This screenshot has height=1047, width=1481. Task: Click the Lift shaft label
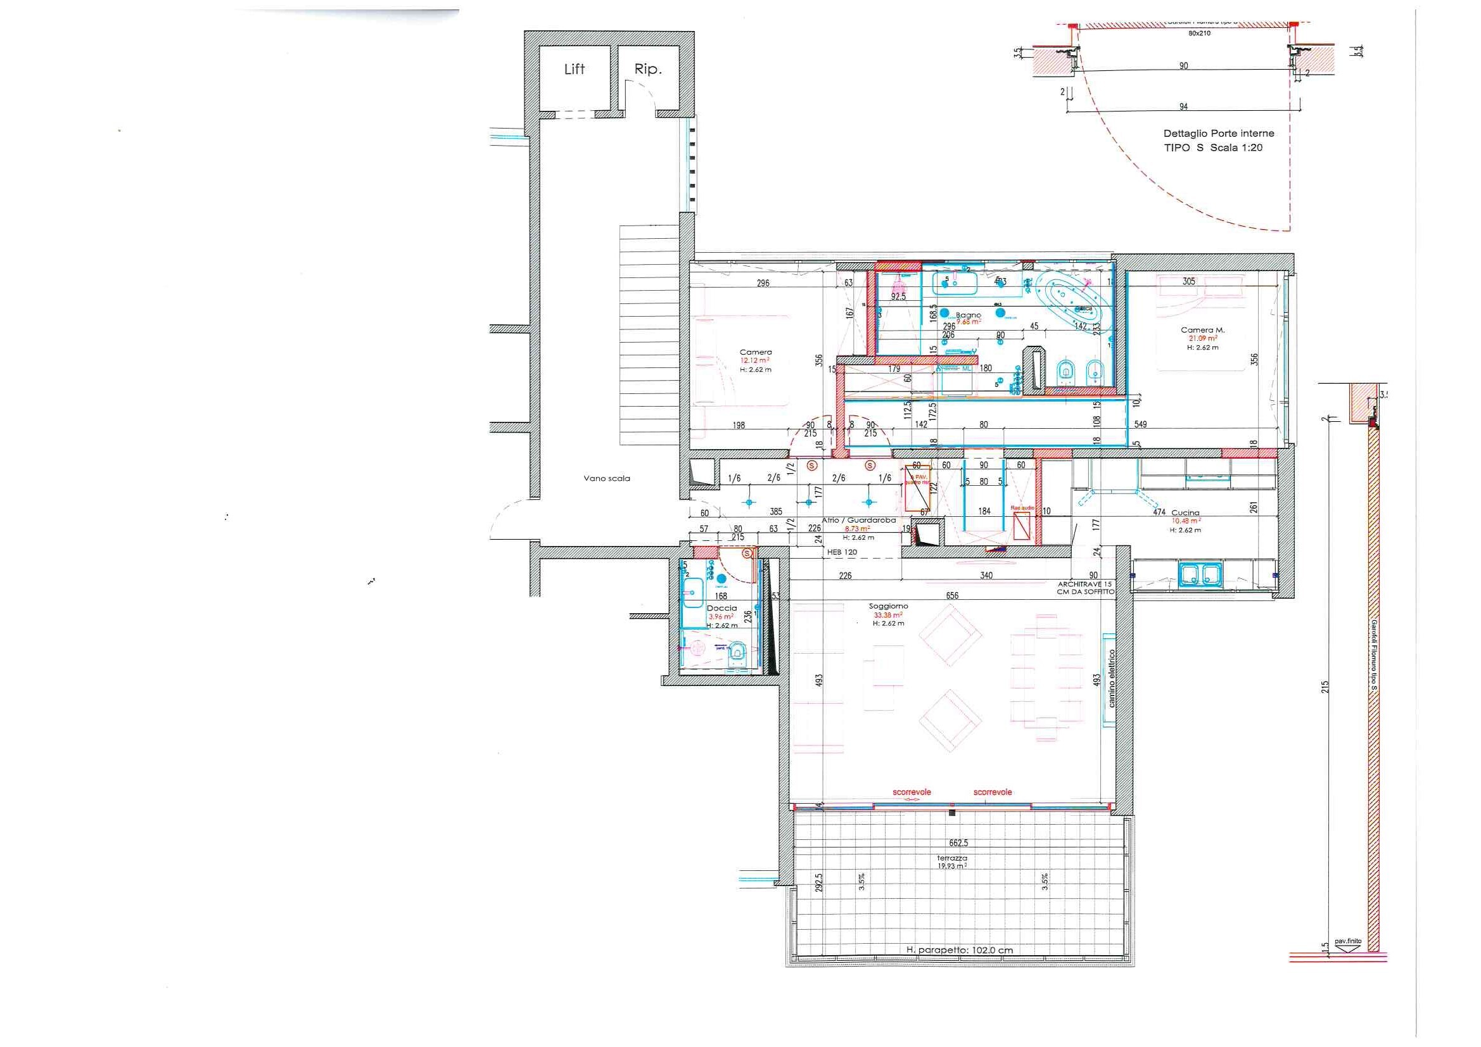click(574, 69)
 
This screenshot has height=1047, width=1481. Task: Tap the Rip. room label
click(647, 69)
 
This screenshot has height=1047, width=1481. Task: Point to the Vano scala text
click(606, 478)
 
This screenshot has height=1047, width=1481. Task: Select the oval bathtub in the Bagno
click(1069, 300)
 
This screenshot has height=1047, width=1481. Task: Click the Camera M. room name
click(1202, 329)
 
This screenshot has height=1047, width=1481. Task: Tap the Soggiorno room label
click(888, 606)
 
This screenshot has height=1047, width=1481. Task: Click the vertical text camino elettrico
click(1112, 678)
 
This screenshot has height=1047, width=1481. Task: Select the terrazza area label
click(952, 858)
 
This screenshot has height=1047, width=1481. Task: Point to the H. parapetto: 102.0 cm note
click(959, 949)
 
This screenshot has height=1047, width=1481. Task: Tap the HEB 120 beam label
click(842, 552)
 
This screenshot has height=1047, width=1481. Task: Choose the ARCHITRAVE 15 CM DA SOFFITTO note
click(1085, 588)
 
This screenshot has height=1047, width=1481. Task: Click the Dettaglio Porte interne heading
click(1219, 134)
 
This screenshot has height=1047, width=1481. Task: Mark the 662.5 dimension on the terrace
click(958, 842)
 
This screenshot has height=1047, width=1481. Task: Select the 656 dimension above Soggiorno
click(951, 595)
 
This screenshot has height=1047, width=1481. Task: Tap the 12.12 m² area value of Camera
click(754, 360)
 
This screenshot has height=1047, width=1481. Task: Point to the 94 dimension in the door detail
click(1183, 106)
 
